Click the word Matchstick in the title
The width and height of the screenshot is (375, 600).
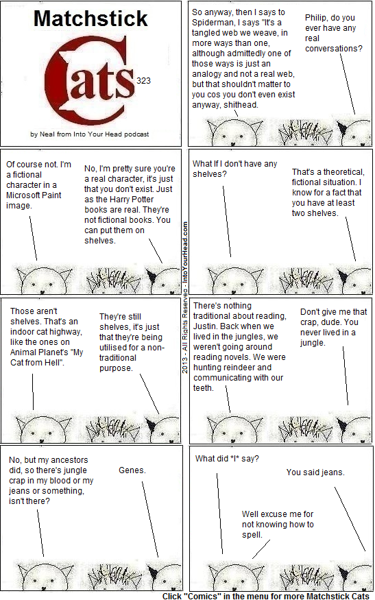click(90, 19)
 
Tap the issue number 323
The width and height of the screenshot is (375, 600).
click(143, 81)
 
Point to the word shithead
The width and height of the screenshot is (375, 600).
click(241, 105)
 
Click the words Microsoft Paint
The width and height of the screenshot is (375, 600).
click(34, 195)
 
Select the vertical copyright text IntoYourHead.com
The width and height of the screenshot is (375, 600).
click(185, 252)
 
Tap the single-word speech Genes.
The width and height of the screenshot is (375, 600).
click(132, 470)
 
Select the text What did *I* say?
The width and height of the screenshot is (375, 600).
click(227, 459)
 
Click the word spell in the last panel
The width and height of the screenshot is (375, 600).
click(252, 535)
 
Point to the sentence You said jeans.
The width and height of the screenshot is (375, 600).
click(315, 472)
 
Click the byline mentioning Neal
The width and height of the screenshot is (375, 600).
click(90, 134)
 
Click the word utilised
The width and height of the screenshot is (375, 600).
click(114, 348)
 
